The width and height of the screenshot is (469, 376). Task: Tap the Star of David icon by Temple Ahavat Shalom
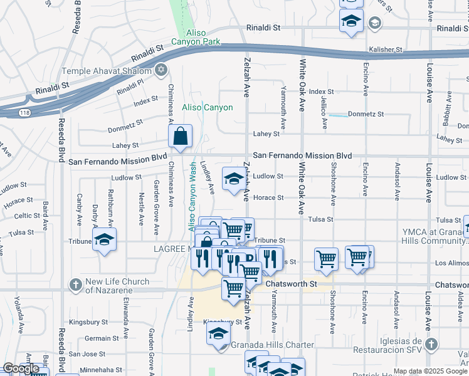(x=162, y=70)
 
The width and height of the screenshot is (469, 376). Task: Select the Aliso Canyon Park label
(x=204, y=37)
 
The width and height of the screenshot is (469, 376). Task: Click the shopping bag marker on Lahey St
(x=180, y=136)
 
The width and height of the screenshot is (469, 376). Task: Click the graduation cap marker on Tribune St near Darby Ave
(x=104, y=239)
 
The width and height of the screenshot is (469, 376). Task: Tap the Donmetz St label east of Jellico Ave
(x=366, y=115)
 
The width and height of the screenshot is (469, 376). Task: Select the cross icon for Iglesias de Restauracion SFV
(x=431, y=344)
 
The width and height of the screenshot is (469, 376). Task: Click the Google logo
(x=21, y=369)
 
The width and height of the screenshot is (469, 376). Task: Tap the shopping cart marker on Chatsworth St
(x=233, y=288)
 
